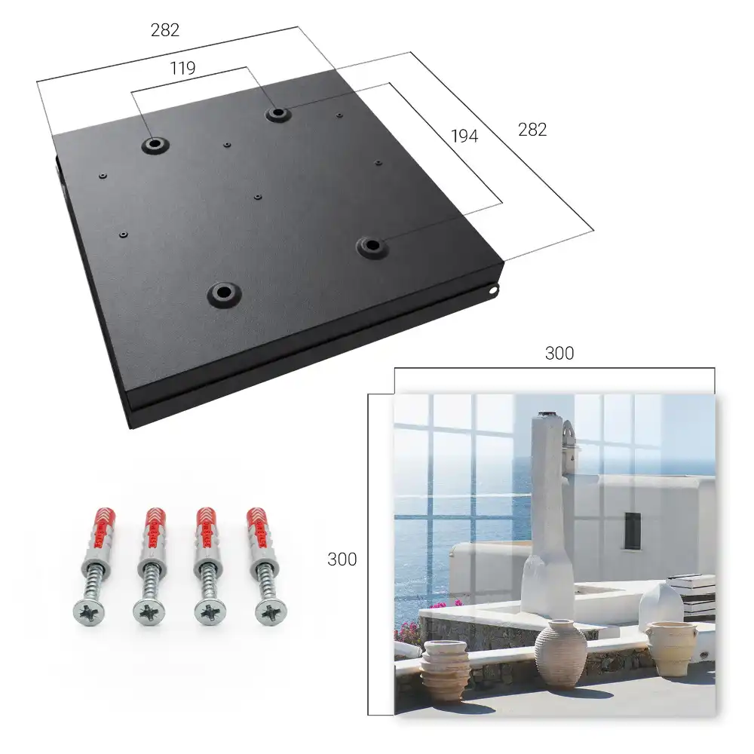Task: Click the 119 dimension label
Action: coord(182,68)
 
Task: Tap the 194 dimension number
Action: coord(464,136)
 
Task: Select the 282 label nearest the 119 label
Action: coord(165,30)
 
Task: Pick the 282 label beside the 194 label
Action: coord(532,130)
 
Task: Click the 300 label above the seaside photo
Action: coord(559,353)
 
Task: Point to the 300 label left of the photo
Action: coord(342,559)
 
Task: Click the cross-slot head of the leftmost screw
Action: coord(88,612)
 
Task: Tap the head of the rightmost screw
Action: coord(271,612)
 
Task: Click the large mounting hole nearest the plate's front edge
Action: coord(224,293)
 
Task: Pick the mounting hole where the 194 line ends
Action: coord(371,247)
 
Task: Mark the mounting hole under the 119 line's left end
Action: coord(155,144)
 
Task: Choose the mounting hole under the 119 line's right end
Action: coord(277,114)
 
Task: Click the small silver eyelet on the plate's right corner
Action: coord(493,290)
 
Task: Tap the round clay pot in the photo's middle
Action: coord(561,652)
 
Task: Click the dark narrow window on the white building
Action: coord(633,531)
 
